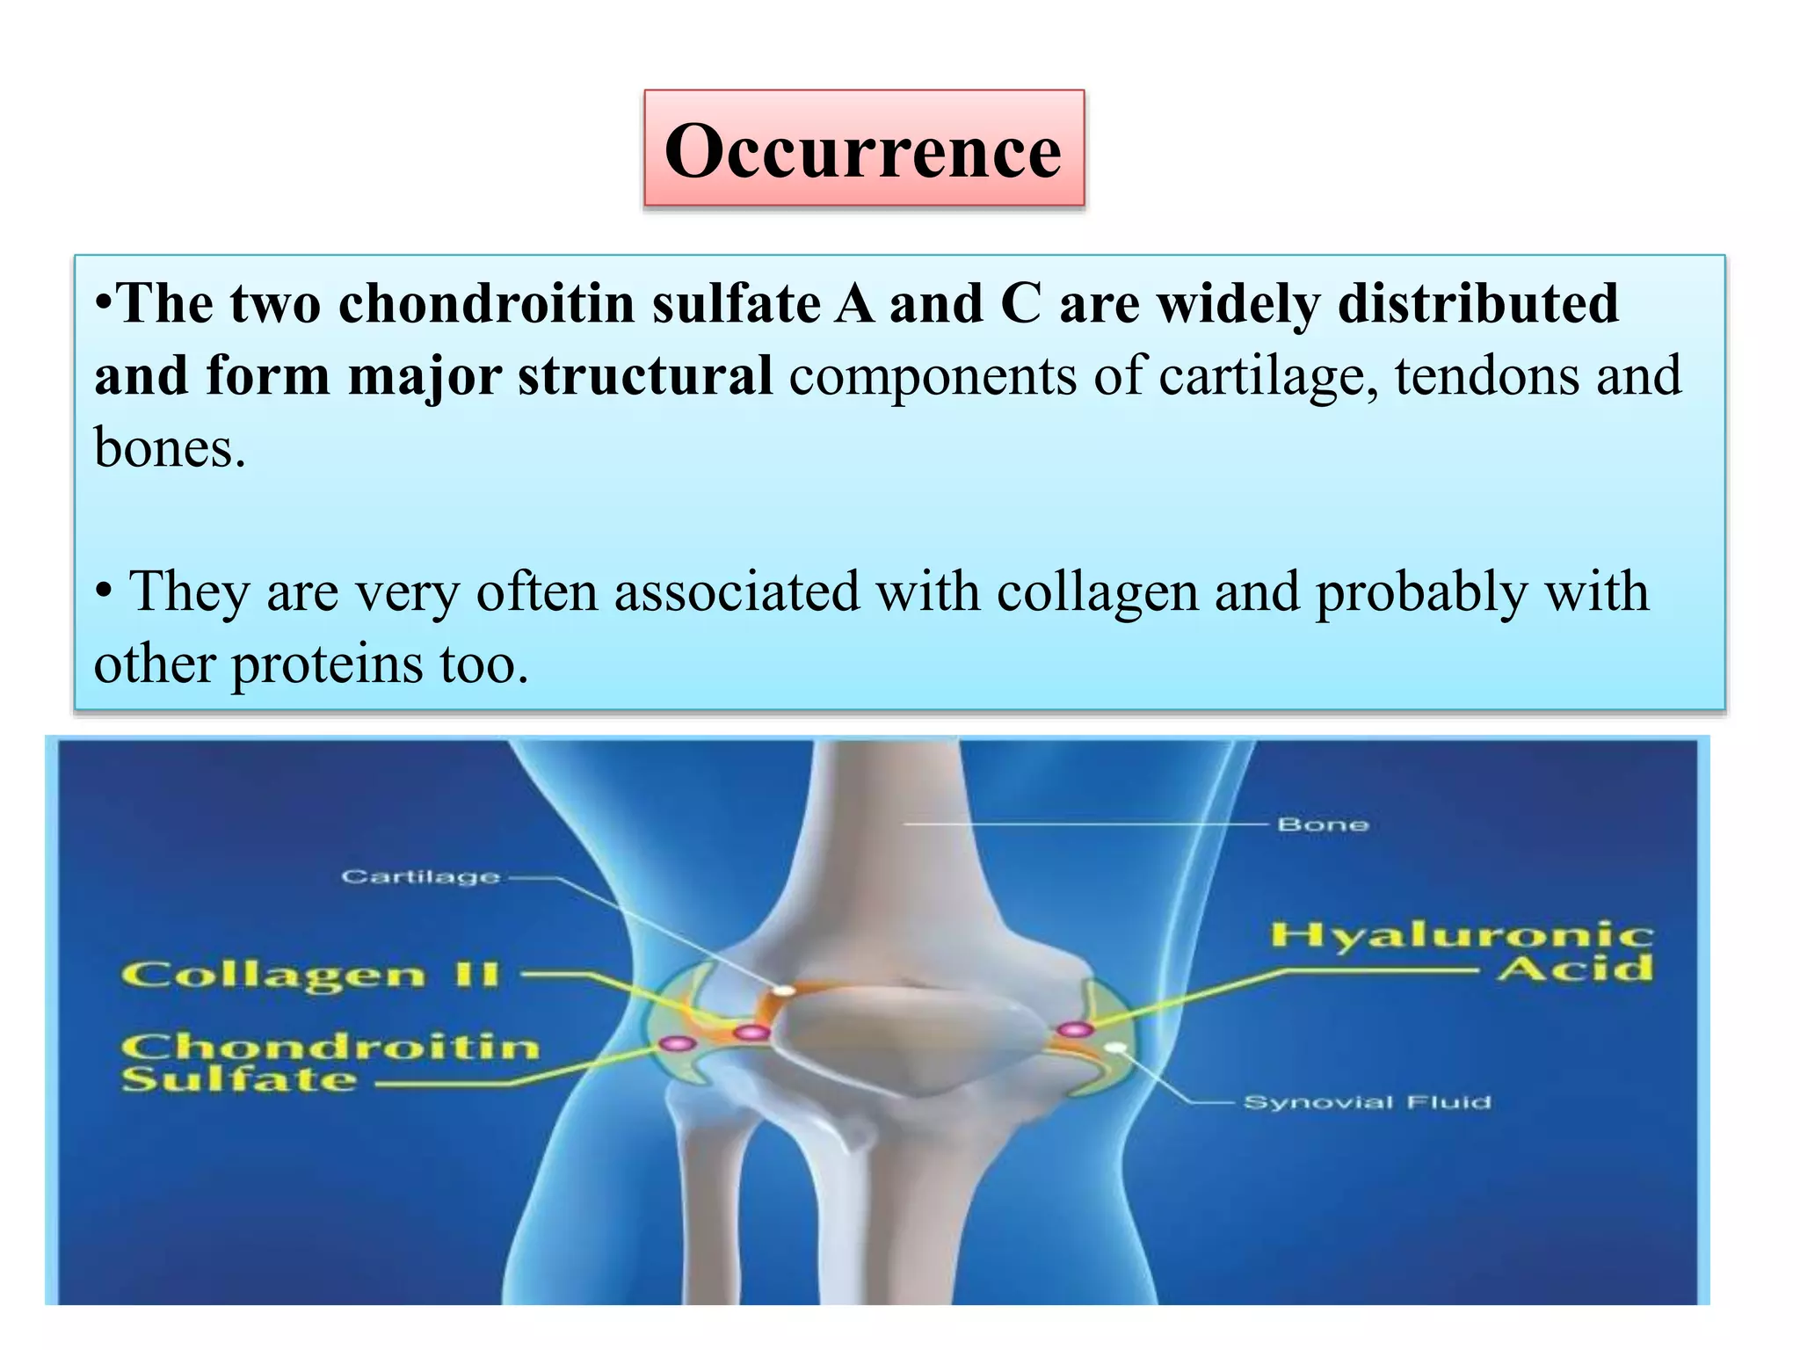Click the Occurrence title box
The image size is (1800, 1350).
tap(863, 149)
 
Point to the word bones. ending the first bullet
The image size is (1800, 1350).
tap(170, 448)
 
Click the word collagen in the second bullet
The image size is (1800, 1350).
tap(1097, 592)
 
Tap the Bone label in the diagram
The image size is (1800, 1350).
tap(1323, 824)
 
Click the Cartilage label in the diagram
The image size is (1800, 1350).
tap(420, 876)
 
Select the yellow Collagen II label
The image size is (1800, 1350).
tap(311, 975)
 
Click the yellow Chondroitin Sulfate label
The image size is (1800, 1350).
tap(330, 1062)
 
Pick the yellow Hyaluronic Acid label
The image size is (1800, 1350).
tap(1462, 951)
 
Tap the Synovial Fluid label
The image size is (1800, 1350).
tap(1368, 1102)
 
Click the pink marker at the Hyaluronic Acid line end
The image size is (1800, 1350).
tap(1074, 1029)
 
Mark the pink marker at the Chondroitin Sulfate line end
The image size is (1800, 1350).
tap(678, 1043)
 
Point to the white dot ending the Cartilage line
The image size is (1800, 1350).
tap(782, 991)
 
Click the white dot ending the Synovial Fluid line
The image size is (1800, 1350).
tap(1115, 1048)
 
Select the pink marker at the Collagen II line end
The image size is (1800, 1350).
tap(751, 1032)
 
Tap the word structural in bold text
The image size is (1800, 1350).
tap(645, 376)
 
